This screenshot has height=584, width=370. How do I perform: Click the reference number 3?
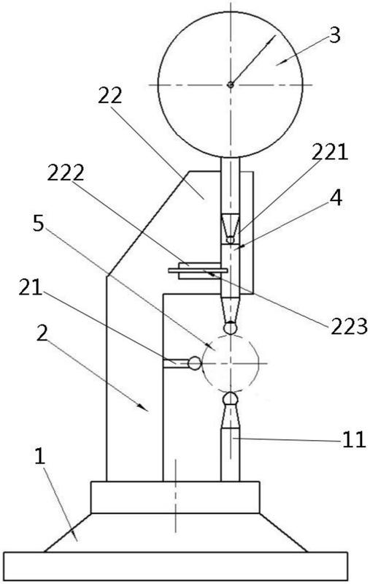tap(335, 36)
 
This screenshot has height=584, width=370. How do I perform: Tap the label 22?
tap(110, 96)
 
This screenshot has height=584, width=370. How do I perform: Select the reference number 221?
tap(329, 152)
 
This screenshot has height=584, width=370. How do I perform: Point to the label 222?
tap(66, 172)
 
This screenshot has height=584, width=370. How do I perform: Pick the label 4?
tap(336, 199)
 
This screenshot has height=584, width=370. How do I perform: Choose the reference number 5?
tap(38, 224)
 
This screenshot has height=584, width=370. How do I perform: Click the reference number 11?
tap(354, 440)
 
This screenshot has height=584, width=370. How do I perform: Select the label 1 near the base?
tap(39, 457)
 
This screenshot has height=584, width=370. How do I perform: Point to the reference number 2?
tap(42, 335)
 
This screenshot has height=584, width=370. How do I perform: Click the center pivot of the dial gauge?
tap(231, 85)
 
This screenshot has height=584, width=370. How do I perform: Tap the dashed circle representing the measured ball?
tap(203, 363)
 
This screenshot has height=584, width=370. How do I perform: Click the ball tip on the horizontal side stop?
tap(194, 363)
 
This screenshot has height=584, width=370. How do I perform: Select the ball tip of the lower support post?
tap(231, 398)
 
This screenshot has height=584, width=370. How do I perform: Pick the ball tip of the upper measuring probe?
tap(231, 327)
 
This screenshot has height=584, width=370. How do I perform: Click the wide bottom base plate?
tap(177, 566)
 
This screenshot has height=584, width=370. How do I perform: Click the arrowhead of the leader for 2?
tap(144, 408)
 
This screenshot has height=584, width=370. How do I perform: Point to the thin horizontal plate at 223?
tap(198, 270)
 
